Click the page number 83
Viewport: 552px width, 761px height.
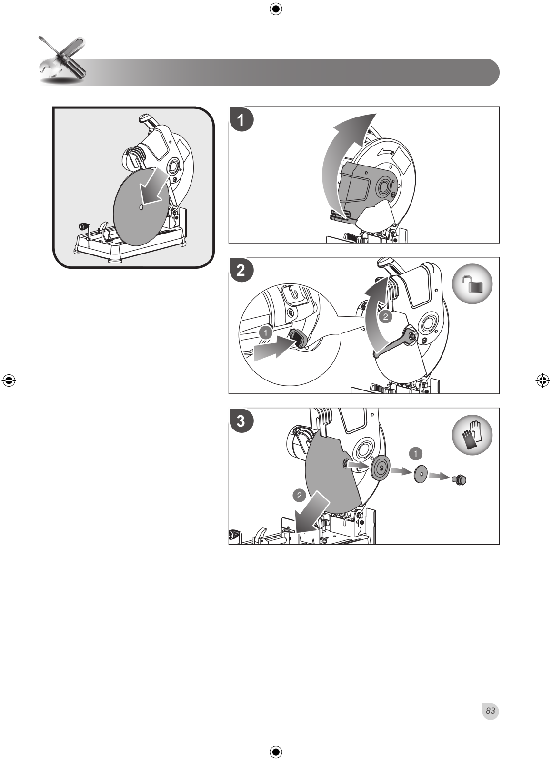[x=490, y=711]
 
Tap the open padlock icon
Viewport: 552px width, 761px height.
[x=472, y=284]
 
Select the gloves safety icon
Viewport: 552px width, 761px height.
[x=472, y=435]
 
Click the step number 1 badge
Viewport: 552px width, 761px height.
[x=241, y=119]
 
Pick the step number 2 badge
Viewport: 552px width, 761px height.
[x=241, y=270]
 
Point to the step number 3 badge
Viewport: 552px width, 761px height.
[x=241, y=420]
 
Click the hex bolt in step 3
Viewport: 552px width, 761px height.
[x=459, y=480]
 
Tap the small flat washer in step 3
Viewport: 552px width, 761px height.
[x=421, y=474]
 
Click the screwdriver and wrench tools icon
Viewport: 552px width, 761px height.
[x=62, y=60]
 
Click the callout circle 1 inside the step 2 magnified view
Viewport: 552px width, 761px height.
[x=266, y=332]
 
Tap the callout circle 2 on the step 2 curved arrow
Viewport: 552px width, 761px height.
[x=385, y=317]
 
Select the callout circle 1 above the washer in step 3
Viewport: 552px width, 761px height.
[x=415, y=453]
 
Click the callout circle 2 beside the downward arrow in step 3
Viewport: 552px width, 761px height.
[x=299, y=496]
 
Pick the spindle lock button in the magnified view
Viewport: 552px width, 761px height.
[x=298, y=338]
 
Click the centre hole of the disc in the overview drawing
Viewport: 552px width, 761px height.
[x=141, y=207]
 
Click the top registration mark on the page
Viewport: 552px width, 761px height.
[x=276, y=10]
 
